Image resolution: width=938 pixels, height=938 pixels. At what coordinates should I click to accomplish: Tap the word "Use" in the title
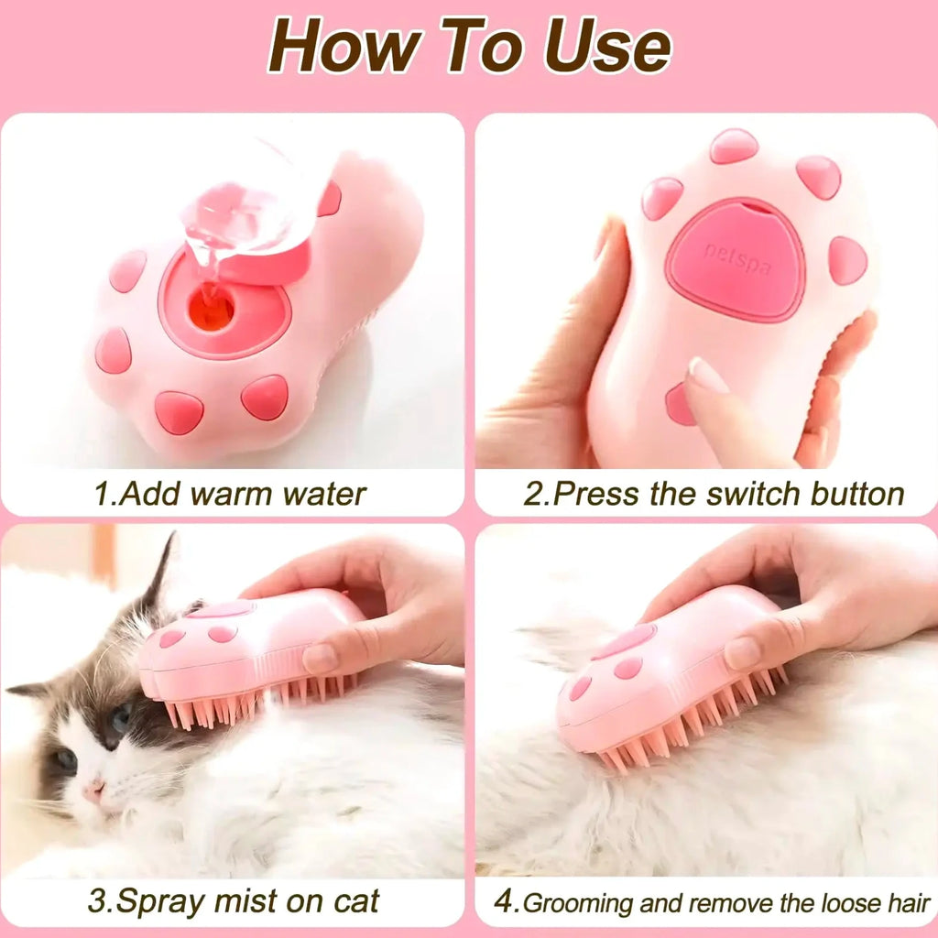click(x=608, y=46)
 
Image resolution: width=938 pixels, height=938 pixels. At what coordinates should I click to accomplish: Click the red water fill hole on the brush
click(x=212, y=311)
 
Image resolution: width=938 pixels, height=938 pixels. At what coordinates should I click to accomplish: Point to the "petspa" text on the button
click(x=737, y=259)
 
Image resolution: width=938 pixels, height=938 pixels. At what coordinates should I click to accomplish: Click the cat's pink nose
click(x=94, y=792)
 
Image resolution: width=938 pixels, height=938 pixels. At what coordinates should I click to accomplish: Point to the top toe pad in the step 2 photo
click(x=734, y=146)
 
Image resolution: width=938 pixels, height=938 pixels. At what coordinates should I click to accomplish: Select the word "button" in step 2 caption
click(x=857, y=494)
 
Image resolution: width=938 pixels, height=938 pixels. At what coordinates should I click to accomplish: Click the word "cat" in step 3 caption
click(x=356, y=901)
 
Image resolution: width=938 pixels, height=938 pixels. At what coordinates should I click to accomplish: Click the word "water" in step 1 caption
click(x=323, y=494)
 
